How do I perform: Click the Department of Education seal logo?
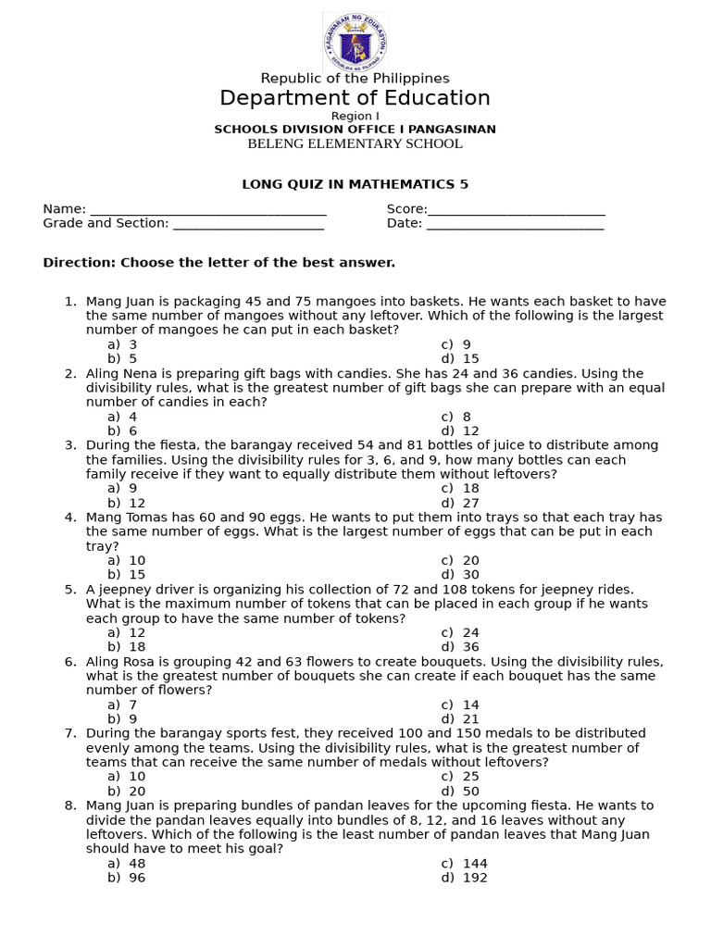pos(355,43)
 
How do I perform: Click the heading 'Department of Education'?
pos(355,98)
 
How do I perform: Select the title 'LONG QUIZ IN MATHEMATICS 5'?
pos(355,184)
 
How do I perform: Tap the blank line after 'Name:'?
pos(208,210)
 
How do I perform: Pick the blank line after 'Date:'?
pos(515,224)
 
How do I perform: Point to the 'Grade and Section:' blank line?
pos(248,224)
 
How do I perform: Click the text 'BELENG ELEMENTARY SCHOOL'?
pos(355,143)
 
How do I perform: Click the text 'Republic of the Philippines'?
pos(355,79)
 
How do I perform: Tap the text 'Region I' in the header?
pos(355,116)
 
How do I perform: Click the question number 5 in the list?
pos(70,589)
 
